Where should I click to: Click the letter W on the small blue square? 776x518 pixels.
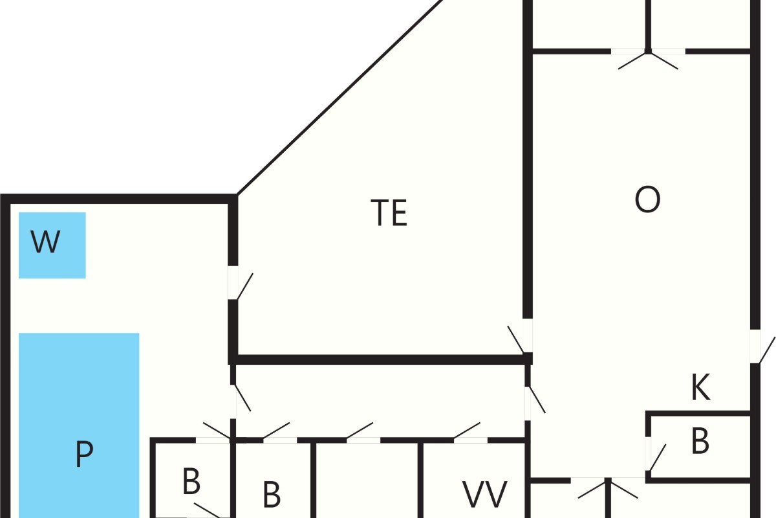(45, 242)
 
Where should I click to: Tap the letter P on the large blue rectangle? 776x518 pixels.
(84, 453)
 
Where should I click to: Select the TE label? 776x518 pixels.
(389, 212)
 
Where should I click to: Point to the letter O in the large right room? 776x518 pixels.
(647, 199)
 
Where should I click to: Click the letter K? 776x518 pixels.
(700, 387)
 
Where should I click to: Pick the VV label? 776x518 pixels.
(485, 495)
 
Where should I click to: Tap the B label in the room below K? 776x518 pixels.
(700, 441)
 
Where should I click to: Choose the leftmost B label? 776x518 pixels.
(191, 481)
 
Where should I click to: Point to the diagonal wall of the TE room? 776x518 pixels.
(340, 97)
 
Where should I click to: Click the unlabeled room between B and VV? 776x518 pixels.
(367, 480)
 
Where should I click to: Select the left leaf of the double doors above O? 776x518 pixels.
(633, 61)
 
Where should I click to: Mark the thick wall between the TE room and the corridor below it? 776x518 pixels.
(380, 360)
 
